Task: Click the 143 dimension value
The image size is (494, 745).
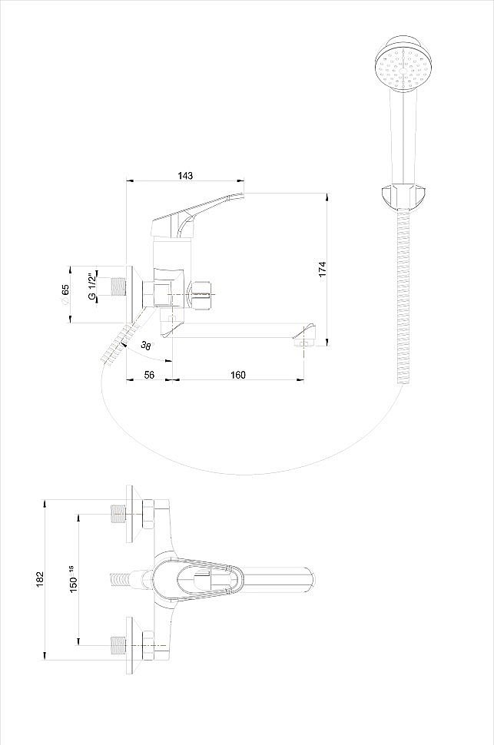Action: point(185,175)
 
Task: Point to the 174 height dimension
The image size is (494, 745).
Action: point(323,269)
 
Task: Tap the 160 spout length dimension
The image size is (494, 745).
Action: point(237,375)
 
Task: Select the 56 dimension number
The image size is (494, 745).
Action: point(149,375)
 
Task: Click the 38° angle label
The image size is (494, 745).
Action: point(147,346)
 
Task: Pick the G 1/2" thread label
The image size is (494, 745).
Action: point(91,286)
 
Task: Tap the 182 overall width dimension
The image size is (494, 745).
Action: point(39,579)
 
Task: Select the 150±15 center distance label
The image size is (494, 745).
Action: point(73,578)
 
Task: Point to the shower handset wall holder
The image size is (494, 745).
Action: point(403,195)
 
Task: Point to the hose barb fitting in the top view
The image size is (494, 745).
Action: point(121,578)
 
